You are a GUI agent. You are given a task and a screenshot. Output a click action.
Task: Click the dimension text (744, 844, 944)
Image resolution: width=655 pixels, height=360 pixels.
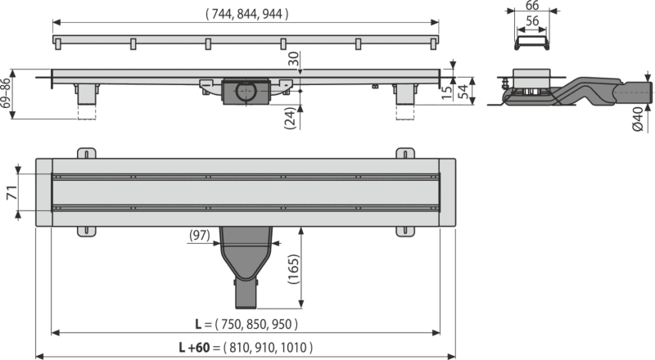click(246, 14)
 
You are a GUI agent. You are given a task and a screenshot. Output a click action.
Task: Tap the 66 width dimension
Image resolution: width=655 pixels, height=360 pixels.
click(531, 5)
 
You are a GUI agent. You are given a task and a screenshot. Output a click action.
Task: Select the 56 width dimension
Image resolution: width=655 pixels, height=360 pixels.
click(531, 21)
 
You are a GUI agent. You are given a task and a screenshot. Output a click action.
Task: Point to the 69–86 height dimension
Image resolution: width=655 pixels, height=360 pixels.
click(6, 93)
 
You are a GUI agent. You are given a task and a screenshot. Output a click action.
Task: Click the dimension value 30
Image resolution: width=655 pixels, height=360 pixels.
click(295, 58)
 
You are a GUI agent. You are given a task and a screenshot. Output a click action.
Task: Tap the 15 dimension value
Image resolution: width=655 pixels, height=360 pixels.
click(447, 92)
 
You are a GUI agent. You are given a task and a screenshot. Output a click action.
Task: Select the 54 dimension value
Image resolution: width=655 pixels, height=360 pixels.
click(463, 92)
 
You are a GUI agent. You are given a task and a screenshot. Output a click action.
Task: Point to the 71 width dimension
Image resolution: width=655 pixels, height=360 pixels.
click(12, 192)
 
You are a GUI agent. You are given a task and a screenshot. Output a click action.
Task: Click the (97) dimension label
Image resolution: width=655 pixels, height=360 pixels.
click(200, 236)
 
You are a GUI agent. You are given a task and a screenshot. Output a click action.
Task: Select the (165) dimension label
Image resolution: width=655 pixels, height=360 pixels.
click(293, 269)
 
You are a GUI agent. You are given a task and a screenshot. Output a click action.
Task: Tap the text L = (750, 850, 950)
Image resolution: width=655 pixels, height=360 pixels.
click(246, 324)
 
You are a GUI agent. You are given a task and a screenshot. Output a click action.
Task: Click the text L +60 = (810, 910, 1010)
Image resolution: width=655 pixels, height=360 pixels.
click(246, 348)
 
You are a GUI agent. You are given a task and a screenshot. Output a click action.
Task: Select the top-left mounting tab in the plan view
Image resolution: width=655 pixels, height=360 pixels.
click(87, 153)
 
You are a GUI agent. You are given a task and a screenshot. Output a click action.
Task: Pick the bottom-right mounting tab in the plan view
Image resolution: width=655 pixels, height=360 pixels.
click(405, 232)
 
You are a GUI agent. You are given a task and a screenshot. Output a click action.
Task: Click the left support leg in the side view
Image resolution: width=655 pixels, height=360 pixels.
click(87, 94)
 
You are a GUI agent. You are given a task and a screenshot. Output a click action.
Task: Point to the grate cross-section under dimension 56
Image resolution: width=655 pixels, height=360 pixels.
click(531, 43)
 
